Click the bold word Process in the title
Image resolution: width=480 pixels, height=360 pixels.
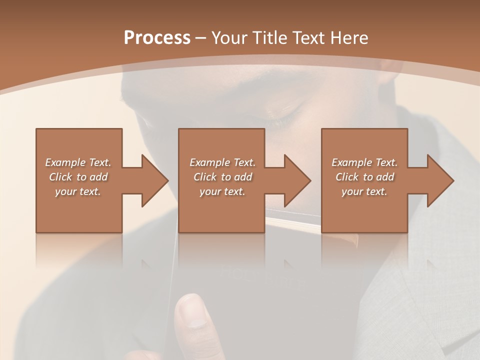point(157,37)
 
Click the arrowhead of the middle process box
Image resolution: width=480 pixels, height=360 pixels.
point(297,180)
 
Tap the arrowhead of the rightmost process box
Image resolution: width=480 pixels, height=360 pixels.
point(440,180)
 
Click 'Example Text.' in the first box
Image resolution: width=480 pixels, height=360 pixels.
point(78,162)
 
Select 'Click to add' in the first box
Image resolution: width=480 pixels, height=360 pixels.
point(78,177)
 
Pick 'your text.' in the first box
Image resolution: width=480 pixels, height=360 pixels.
point(78,191)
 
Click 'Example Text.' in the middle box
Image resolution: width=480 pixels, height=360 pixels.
point(222,162)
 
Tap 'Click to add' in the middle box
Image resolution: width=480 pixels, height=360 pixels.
point(222,177)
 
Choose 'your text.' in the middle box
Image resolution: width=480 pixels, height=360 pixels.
point(222,191)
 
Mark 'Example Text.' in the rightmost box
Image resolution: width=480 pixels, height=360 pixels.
point(364,162)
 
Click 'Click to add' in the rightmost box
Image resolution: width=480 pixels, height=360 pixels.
point(364,177)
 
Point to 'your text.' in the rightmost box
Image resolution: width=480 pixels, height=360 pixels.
point(364,191)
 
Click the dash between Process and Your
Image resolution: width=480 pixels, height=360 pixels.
point(201,38)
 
